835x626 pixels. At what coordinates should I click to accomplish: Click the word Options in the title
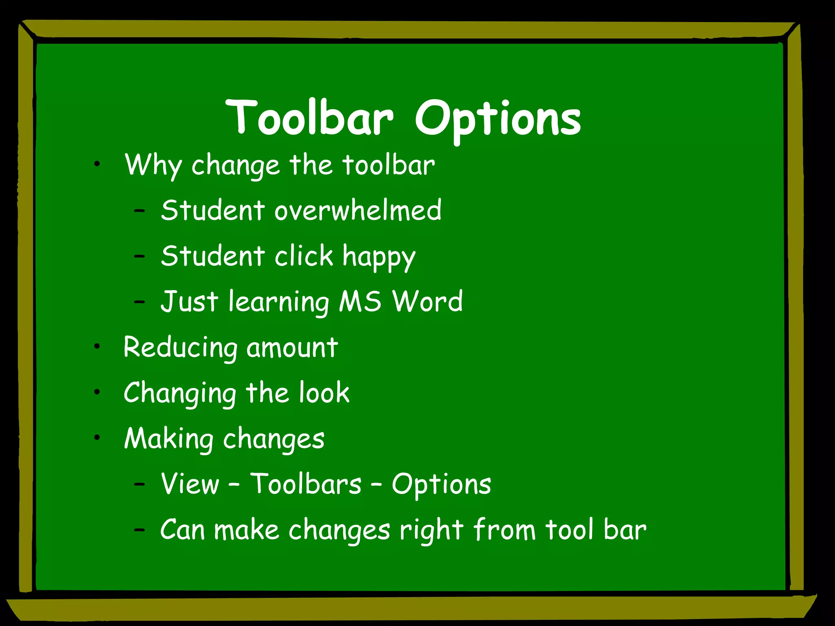(x=498, y=119)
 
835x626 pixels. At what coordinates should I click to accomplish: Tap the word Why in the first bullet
(x=153, y=165)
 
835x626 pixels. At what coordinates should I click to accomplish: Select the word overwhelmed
(x=358, y=210)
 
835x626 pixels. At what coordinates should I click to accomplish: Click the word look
(x=324, y=393)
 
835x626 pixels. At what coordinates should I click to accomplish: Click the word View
(x=190, y=484)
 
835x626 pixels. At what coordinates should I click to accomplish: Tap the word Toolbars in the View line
(x=305, y=484)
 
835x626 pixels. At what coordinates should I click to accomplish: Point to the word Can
(x=182, y=530)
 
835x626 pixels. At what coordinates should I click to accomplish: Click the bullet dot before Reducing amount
(x=97, y=347)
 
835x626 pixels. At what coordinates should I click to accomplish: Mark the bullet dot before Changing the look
(x=97, y=392)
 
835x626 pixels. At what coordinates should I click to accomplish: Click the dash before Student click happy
(x=139, y=256)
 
